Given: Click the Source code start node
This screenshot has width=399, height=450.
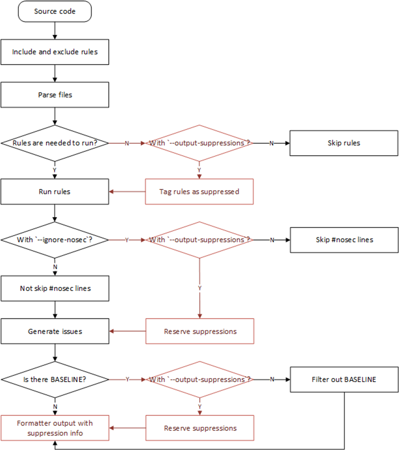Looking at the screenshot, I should tap(54, 11).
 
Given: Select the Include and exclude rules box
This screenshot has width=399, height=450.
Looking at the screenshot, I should tap(54, 52).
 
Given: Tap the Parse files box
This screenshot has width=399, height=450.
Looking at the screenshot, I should tap(54, 95).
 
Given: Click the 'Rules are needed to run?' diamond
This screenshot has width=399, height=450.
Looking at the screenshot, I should tap(54, 143).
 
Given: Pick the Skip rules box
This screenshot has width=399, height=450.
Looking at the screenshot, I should tap(344, 143).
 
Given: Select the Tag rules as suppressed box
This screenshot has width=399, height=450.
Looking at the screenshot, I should tap(199, 192).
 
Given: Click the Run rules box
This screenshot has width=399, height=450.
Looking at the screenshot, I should tap(54, 192).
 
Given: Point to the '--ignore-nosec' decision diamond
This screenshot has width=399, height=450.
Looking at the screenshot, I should tap(54, 240).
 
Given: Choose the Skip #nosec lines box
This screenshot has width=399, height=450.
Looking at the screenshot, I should tap(344, 240).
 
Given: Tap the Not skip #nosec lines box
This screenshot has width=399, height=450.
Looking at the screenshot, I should tap(54, 288).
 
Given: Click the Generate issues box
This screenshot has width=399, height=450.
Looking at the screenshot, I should tap(54, 331).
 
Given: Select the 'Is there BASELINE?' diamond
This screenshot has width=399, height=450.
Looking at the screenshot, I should tap(54, 379).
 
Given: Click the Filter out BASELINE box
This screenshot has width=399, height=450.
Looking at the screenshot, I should tap(344, 379).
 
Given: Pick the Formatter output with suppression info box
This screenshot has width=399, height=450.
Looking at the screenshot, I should tap(54, 428).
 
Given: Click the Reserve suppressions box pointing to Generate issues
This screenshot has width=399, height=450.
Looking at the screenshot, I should tap(199, 331).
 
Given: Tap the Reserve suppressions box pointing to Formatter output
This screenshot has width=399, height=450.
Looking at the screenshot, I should tap(199, 428).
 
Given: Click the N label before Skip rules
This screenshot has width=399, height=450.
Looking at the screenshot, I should tap(271, 143).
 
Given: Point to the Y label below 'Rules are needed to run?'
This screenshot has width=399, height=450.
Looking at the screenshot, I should tap(54, 170).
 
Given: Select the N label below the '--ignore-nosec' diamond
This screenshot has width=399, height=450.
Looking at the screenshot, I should tap(54, 267).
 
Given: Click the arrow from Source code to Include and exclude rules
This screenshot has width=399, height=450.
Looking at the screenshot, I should tap(54, 30).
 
